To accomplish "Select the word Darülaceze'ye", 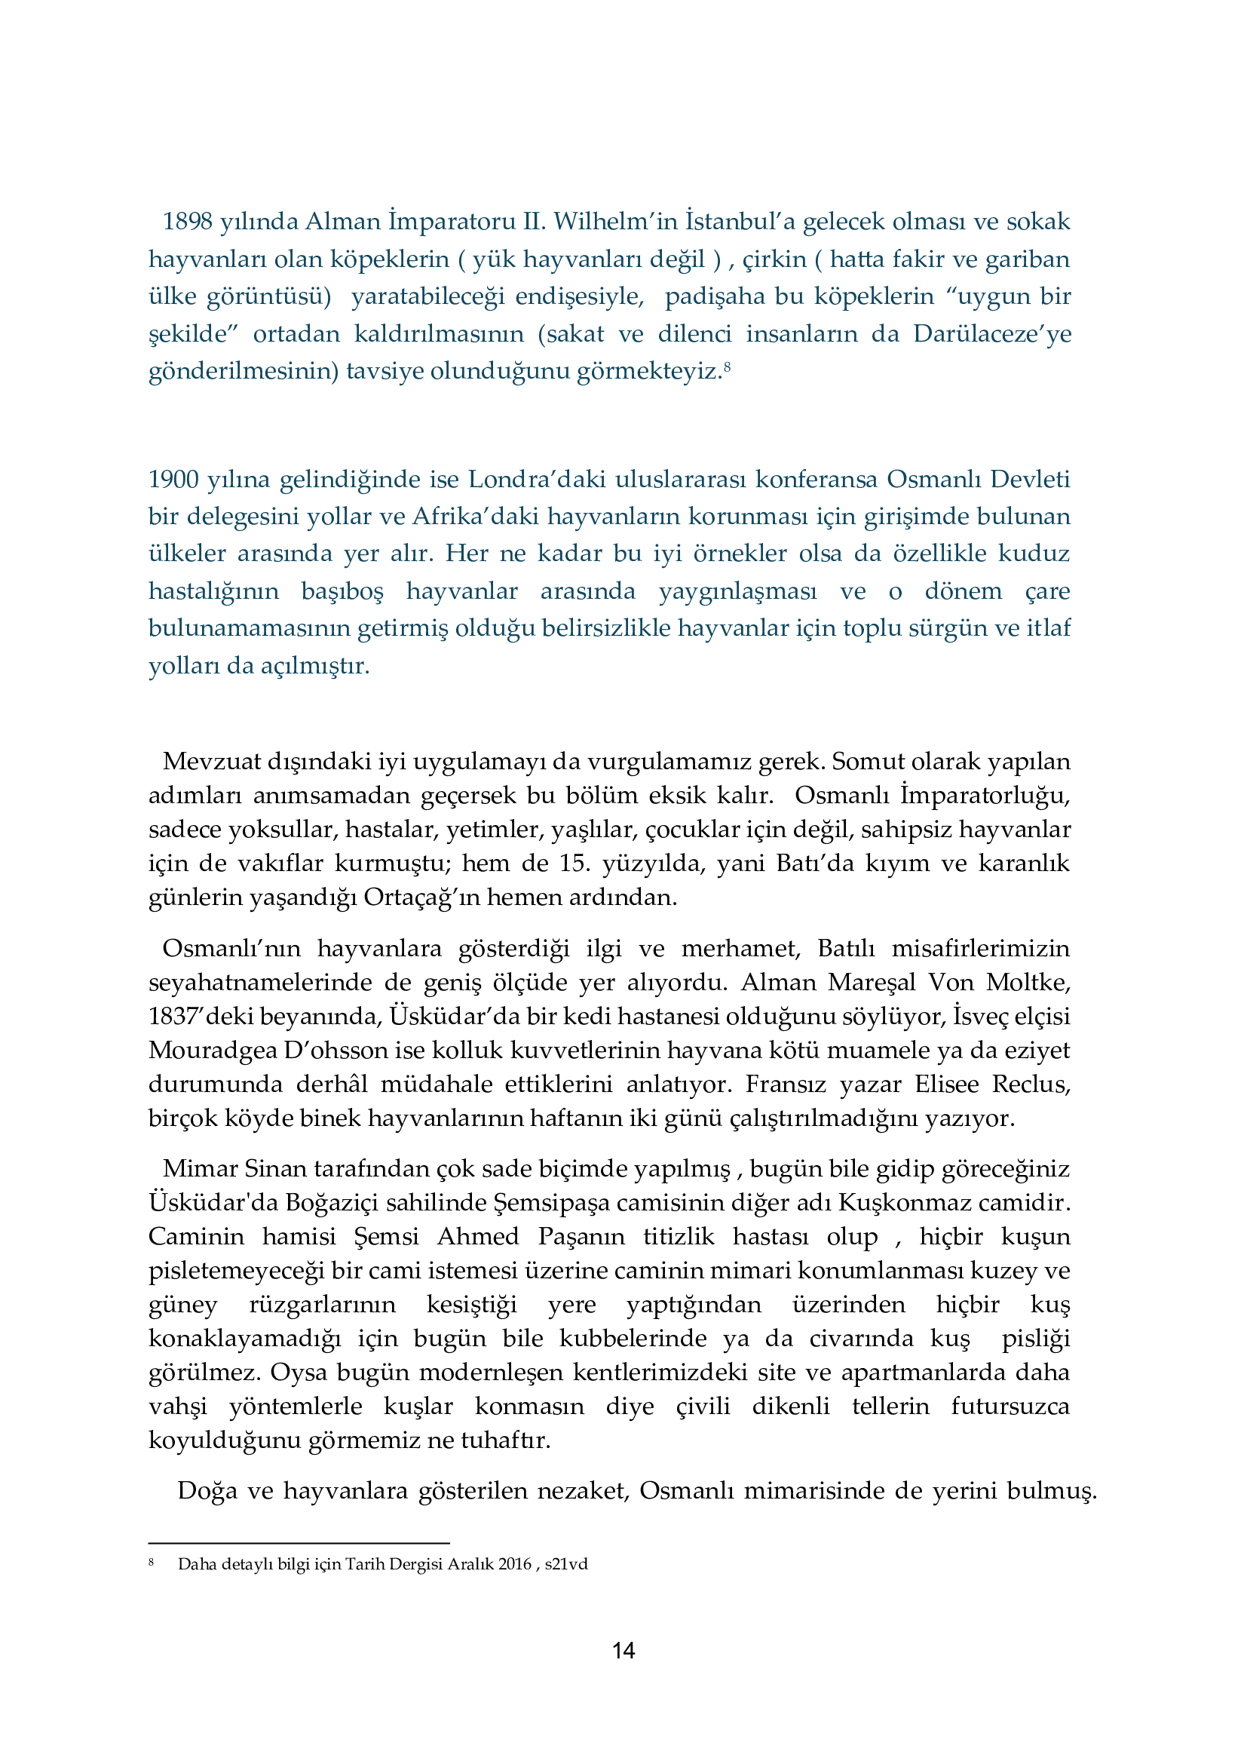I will [991, 334].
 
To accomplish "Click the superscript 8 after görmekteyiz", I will [726, 367].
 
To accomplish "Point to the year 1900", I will [173, 480].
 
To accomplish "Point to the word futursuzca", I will [1010, 1406].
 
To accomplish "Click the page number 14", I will [623, 1650].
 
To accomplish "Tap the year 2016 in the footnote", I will [514, 1564].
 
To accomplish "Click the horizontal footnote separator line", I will [299, 1543].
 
